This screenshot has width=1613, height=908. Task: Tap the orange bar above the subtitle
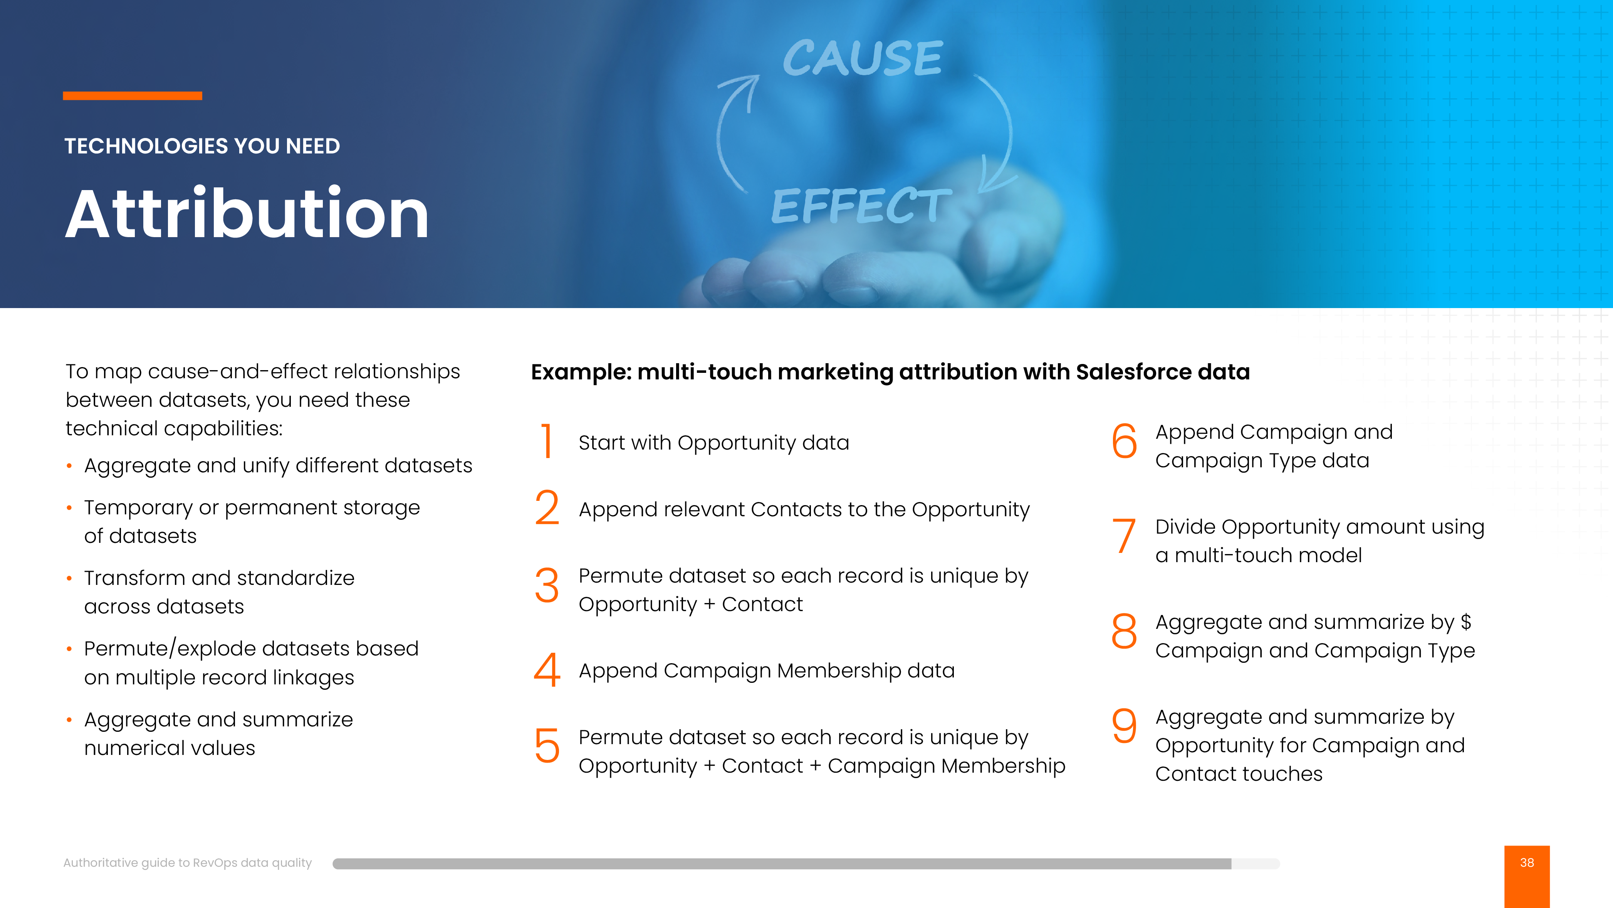pyautogui.click(x=132, y=96)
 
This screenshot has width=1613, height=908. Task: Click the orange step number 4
pyautogui.click(x=547, y=670)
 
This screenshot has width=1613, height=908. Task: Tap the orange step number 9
pyautogui.click(x=1124, y=725)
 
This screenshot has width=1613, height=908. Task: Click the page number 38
pyautogui.click(x=1527, y=863)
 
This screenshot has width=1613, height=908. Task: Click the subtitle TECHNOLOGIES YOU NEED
pyautogui.click(x=202, y=146)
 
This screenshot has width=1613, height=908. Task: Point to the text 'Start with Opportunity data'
pyautogui.click(x=714, y=443)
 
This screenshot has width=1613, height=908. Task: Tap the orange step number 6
pyautogui.click(x=1124, y=441)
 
